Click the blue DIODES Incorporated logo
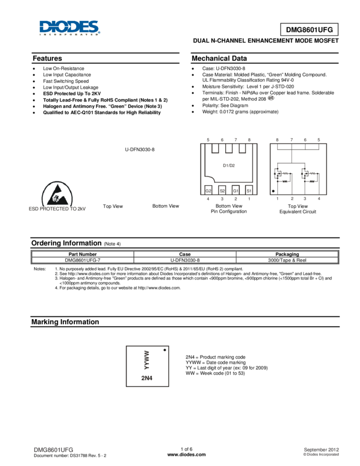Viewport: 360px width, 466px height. [70, 28]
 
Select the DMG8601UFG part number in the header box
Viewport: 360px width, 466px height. [309, 31]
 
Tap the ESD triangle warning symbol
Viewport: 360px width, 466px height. [58, 194]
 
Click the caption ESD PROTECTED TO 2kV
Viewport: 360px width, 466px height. [58, 209]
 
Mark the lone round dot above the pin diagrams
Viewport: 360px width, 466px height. [270, 98]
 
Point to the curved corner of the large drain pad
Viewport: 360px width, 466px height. [210, 180]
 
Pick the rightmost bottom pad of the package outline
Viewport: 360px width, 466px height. [249, 190]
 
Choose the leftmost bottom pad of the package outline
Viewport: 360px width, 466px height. [209, 190]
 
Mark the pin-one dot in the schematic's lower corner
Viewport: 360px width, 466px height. [273, 191]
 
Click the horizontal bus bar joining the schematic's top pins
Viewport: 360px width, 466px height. [298, 148]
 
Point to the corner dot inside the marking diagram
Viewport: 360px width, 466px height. [164, 350]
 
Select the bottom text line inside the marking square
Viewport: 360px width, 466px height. [146, 378]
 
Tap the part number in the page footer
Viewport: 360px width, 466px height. [54, 450]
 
